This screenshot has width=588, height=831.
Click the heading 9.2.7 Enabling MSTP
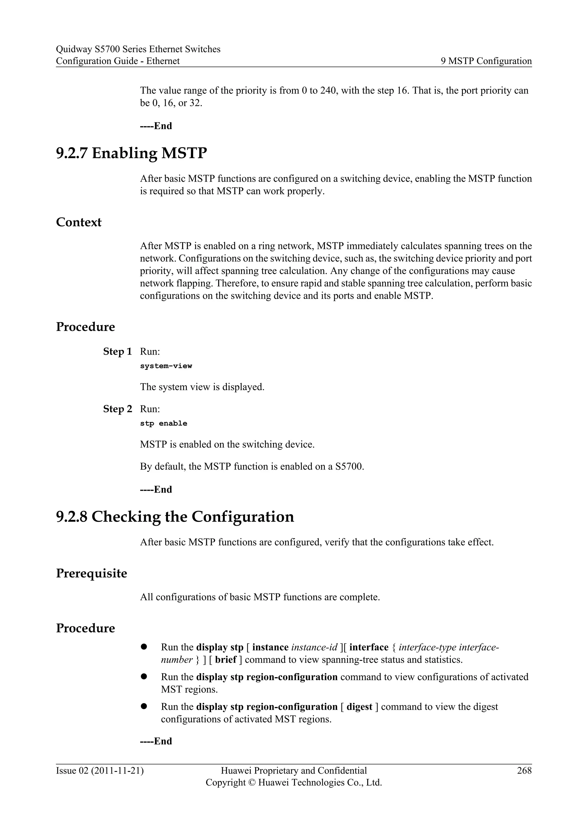[x=131, y=153]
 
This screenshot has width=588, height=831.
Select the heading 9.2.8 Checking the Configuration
[x=175, y=517]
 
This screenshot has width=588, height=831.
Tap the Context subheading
[x=79, y=222]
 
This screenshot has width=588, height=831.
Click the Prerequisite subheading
[x=91, y=573]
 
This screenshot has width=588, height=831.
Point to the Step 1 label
[x=117, y=352]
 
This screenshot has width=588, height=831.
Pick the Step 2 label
[x=117, y=409]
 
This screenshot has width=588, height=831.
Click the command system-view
[x=166, y=366]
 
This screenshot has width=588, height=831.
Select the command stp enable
[x=163, y=424]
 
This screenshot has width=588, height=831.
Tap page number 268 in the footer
[x=524, y=770]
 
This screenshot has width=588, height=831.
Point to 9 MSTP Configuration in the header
[x=486, y=61]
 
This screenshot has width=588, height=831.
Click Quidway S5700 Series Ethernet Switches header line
[x=138, y=49]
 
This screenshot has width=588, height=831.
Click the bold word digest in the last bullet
[x=359, y=707]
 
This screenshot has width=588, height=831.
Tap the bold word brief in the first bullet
[x=226, y=659]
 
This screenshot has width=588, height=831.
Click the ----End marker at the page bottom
[x=156, y=741]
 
